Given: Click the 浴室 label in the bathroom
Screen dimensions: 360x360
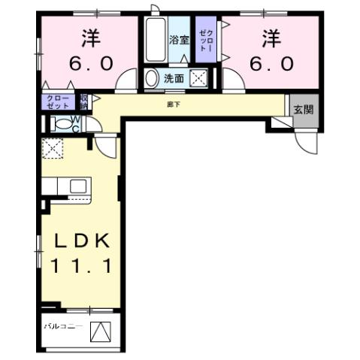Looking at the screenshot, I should click(179, 39).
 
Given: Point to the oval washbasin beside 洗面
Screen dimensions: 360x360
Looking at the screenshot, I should click(152, 77).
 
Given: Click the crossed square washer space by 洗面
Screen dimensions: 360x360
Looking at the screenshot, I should click(199, 77).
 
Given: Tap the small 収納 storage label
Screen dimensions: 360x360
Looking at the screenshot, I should click(84, 101).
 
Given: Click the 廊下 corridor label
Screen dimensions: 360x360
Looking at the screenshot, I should click(174, 104).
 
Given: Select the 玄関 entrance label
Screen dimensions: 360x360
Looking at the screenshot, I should click(303, 110).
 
